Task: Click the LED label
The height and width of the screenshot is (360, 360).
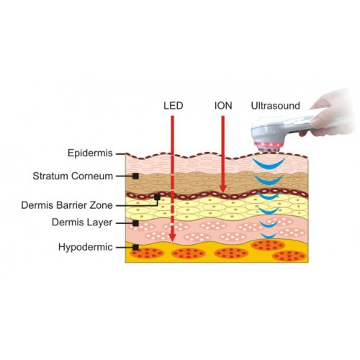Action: point(174,106)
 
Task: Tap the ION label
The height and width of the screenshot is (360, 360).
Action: point(223,106)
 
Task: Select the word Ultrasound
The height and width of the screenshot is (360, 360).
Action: point(275,106)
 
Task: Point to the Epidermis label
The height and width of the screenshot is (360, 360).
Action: point(90,153)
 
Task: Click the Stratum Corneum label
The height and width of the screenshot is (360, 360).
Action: point(73,176)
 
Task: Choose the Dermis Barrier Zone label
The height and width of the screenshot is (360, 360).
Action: point(67,205)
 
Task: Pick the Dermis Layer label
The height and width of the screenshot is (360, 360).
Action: point(82,222)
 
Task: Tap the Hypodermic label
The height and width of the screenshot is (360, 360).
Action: point(86,247)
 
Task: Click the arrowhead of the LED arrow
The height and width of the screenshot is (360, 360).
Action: point(172,236)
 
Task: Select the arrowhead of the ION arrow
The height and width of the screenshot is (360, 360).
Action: point(223,188)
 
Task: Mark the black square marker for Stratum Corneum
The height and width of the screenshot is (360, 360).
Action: point(135,176)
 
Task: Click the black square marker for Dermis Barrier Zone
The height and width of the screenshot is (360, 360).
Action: point(157,197)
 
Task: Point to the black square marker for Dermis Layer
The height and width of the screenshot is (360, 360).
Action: point(135,223)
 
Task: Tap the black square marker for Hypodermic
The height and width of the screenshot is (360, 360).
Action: point(135,248)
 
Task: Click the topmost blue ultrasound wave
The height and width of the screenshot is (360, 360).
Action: point(269,166)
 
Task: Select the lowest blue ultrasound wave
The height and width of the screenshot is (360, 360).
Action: point(269,236)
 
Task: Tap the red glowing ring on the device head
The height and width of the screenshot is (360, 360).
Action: point(268,145)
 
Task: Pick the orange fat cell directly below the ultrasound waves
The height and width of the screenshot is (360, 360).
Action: point(268,246)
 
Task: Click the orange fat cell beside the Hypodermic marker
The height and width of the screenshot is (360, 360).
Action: point(147,253)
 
